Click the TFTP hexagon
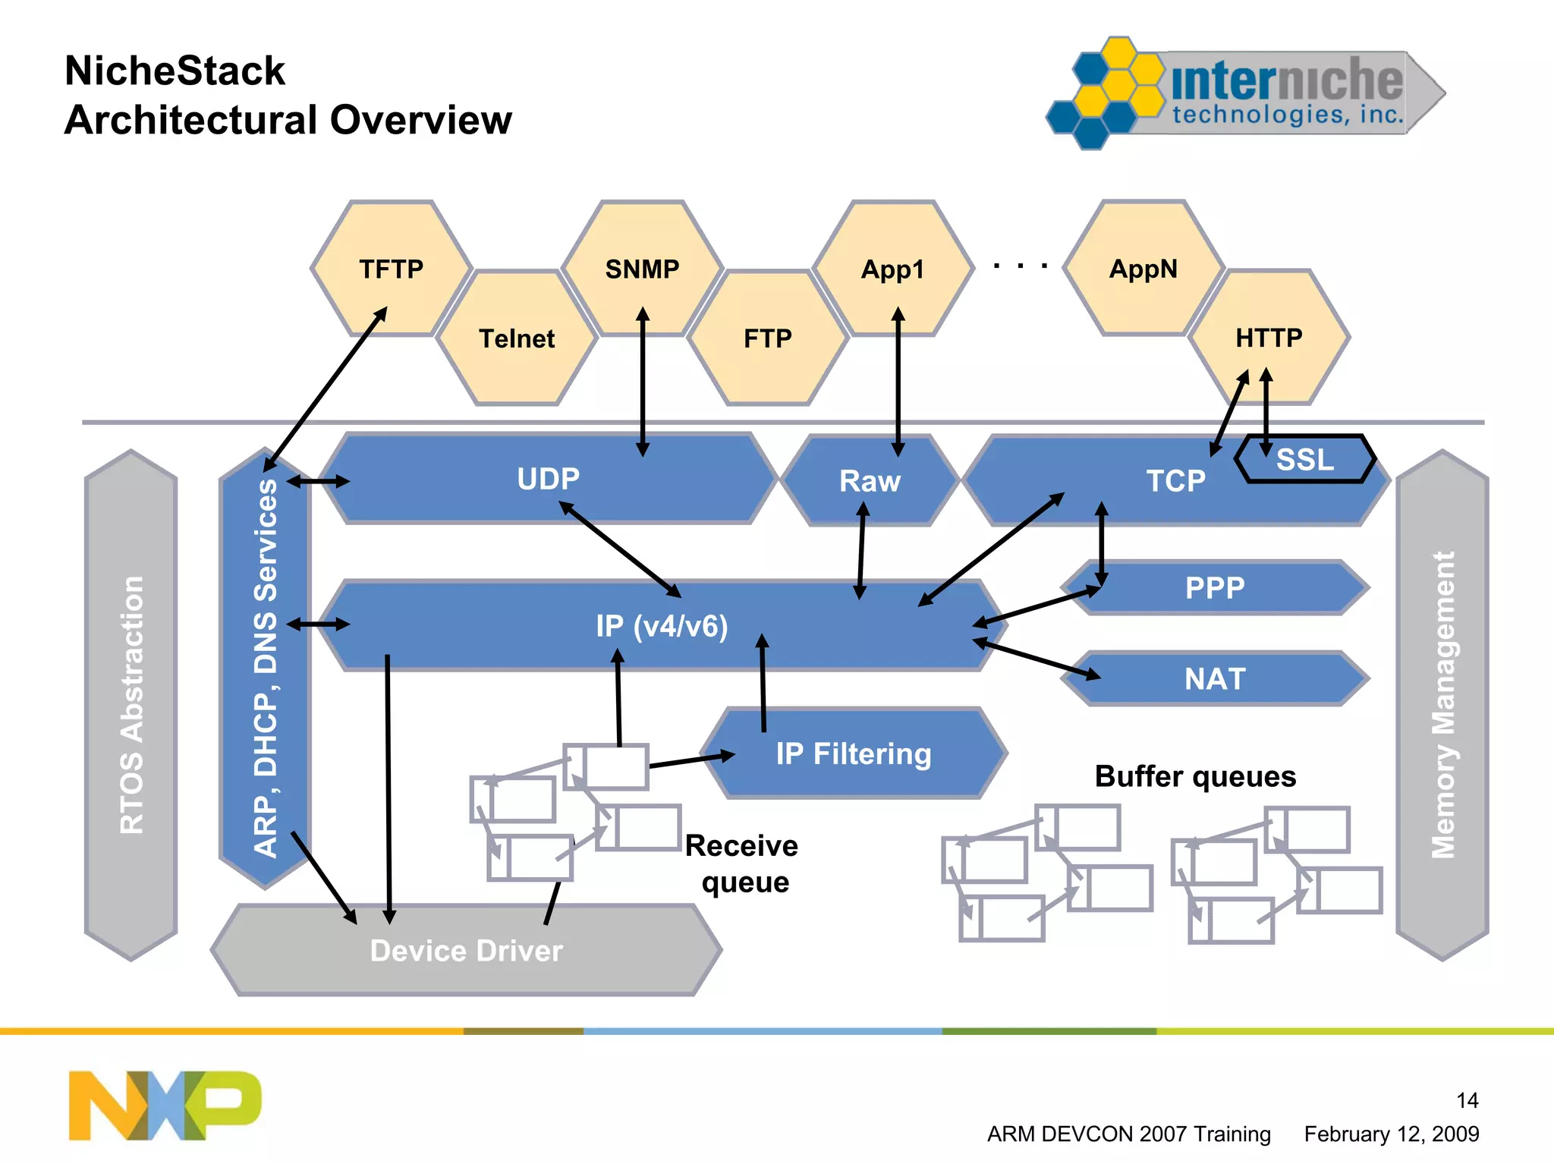(x=392, y=269)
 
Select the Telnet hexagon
(x=517, y=338)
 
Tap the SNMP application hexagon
(x=642, y=269)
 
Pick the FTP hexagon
(x=767, y=338)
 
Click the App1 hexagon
(x=892, y=269)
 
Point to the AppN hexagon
(x=1143, y=269)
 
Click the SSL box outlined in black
(x=1305, y=459)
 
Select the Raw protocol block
(x=870, y=481)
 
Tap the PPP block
(x=1215, y=588)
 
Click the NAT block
(x=1215, y=678)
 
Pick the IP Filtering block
(x=854, y=753)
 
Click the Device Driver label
(x=466, y=951)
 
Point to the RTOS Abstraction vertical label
(x=131, y=705)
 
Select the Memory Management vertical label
(x=1442, y=705)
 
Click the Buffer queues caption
(x=1195, y=776)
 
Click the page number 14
(x=1467, y=1100)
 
